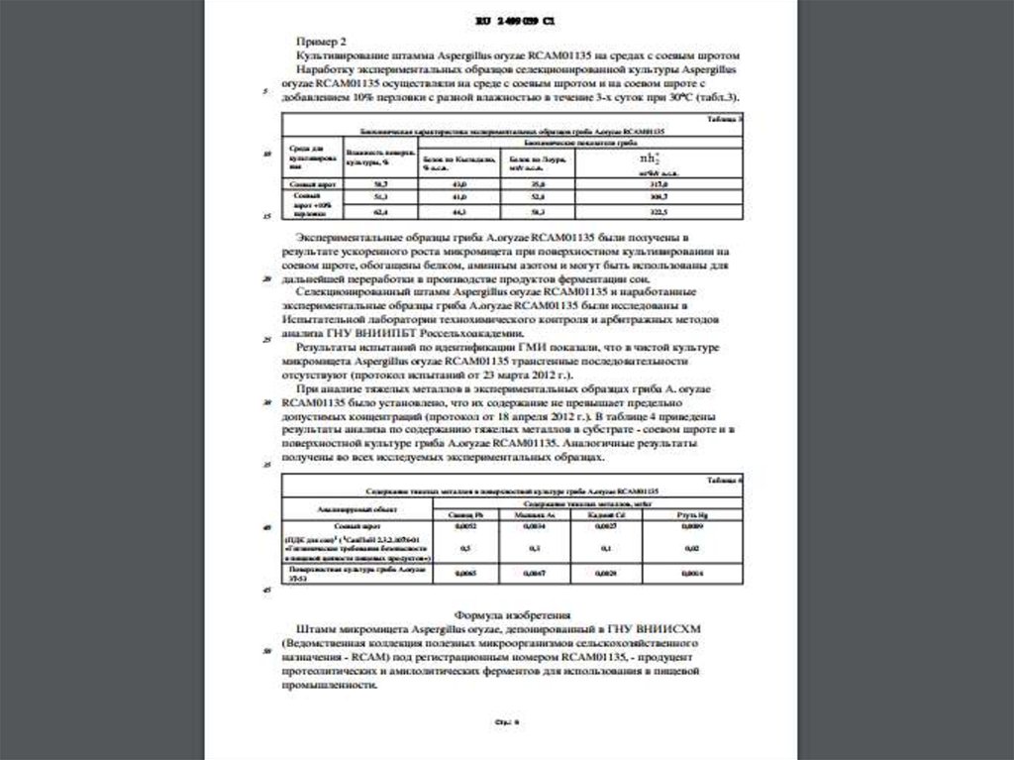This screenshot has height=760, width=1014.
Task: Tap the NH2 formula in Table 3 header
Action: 650,159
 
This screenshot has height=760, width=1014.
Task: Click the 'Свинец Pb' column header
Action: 462,515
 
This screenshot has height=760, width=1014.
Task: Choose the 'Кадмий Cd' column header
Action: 602,515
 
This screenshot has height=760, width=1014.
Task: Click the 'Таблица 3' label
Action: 728,119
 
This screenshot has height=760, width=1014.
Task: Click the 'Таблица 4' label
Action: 728,480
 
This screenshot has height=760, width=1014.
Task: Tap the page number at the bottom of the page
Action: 507,721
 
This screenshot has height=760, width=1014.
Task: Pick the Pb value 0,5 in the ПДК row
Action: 462,547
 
